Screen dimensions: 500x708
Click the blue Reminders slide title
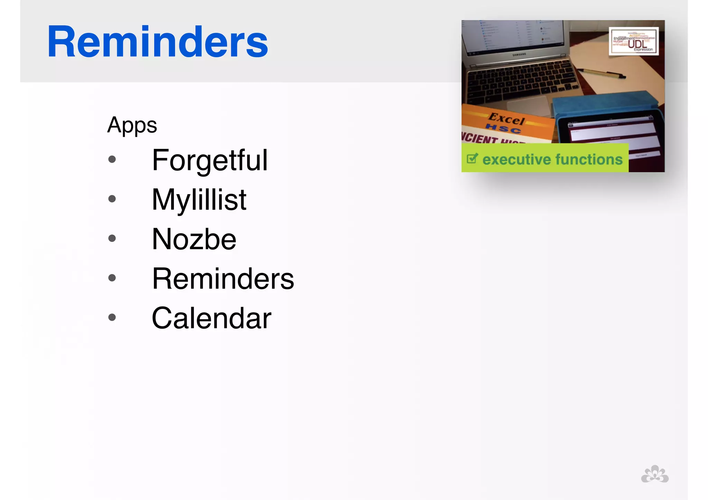pos(157,42)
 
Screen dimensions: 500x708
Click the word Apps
pos(132,125)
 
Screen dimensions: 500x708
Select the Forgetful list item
pos(210,160)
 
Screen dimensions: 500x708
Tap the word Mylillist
pos(199,200)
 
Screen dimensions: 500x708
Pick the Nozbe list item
pos(194,239)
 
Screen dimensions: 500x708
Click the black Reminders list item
pos(223,279)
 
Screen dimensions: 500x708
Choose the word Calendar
pos(211,318)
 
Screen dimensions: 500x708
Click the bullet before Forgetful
pos(112,159)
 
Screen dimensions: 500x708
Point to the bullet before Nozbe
pos(112,238)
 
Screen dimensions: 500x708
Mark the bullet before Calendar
pos(112,317)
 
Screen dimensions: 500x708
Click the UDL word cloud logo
pos(633,41)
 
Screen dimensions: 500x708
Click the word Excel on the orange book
pos(506,119)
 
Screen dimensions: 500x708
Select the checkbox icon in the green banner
pos(472,159)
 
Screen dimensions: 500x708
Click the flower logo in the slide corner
pos(654,474)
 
